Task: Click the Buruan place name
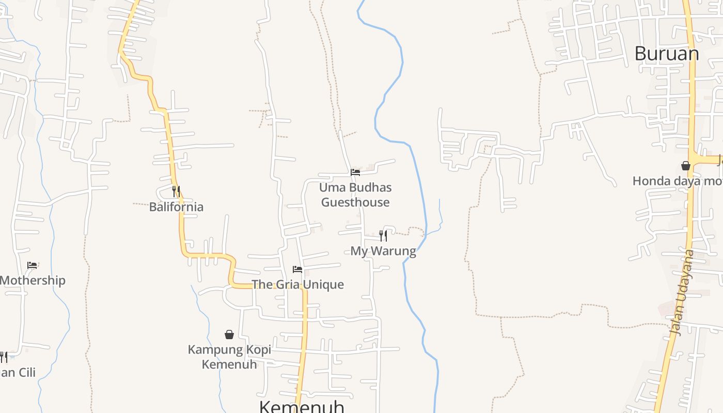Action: pyautogui.click(x=666, y=54)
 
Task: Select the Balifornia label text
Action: pyautogui.click(x=176, y=207)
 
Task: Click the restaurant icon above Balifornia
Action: pyautogui.click(x=176, y=192)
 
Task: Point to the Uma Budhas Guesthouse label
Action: pyautogui.click(x=355, y=195)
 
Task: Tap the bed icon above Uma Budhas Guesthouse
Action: pyautogui.click(x=355, y=172)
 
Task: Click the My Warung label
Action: pyautogui.click(x=383, y=251)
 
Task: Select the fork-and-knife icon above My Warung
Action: pyautogui.click(x=383, y=236)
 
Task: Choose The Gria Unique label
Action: pyautogui.click(x=297, y=284)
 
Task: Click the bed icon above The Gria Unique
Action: pyautogui.click(x=297, y=269)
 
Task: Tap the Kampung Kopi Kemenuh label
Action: pyautogui.click(x=229, y=357)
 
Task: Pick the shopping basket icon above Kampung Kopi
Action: pyautogui.click(x=229, y=335)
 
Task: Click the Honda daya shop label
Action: pyautogui.click(x=677, y=181)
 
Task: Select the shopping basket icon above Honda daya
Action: pyautogui.click(x=686, y=166)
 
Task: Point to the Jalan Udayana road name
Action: pyautogui.click(x=683, y=292)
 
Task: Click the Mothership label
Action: pyautogui.click(x=33, y=281)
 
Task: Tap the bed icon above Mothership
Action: pyautogui.click(x=32, y=265)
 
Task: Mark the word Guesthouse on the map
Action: pyautogui.click(x=355, y=202)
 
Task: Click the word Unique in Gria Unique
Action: pyautogui.click(x=323, y=284)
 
